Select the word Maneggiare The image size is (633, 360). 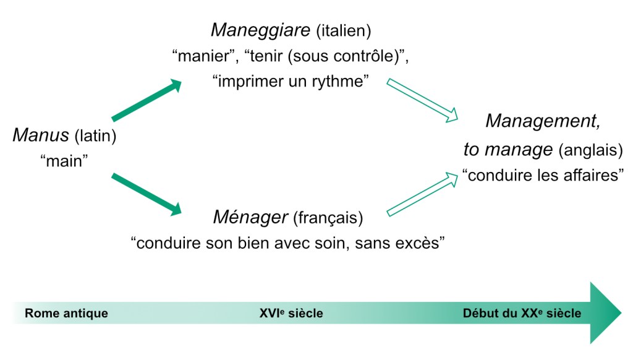[x=260, y=30]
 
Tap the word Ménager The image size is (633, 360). [x=250, y=217]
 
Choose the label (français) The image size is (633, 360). [x=328, y=218]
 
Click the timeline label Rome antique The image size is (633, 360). [x=66, y=314]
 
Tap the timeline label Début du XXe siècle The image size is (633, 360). [x=522, y=314]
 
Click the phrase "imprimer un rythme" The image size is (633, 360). [x=289, y=82]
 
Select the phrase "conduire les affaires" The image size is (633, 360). [x=543, y=176]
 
